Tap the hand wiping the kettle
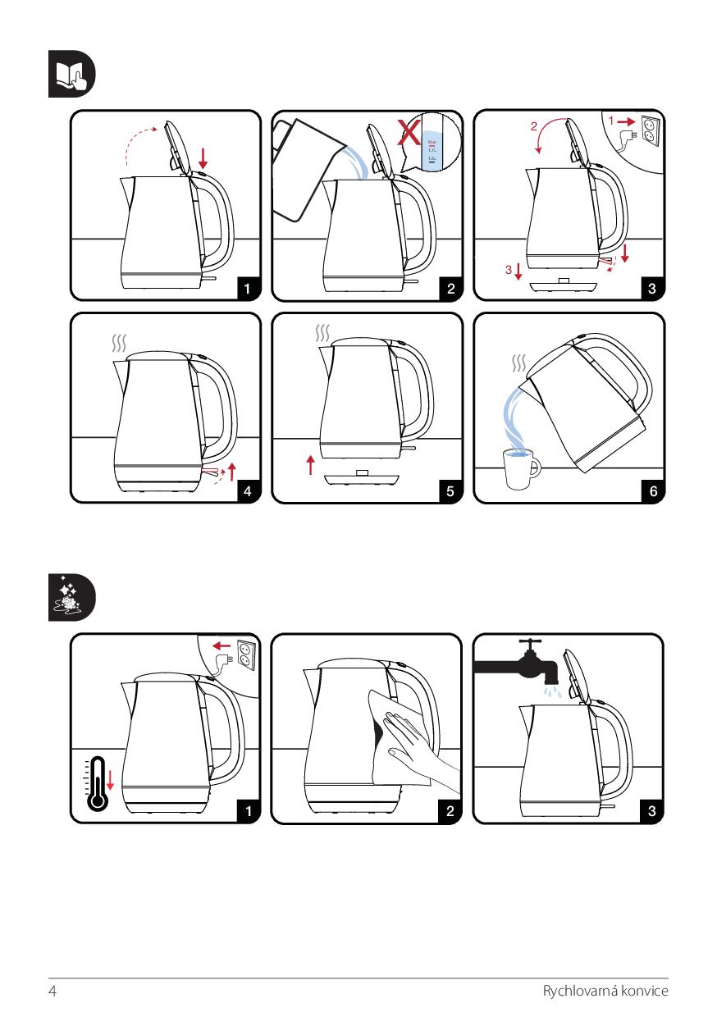(x=414, y=737)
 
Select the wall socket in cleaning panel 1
(x=244, y=652)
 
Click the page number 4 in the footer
(x=53, y=991)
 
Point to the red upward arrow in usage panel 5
(x=310, y=465)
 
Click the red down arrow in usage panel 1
(x=203, y=158)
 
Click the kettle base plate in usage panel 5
(x=362, y=477)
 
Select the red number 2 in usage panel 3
(x=533, y=127)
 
